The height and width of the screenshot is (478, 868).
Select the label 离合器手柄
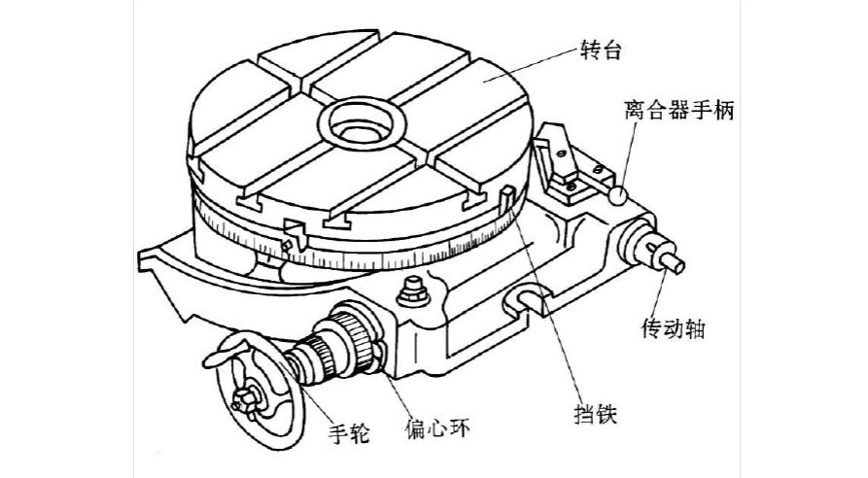coord(677,112)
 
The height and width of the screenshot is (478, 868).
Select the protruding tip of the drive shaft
coord(677,263)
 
